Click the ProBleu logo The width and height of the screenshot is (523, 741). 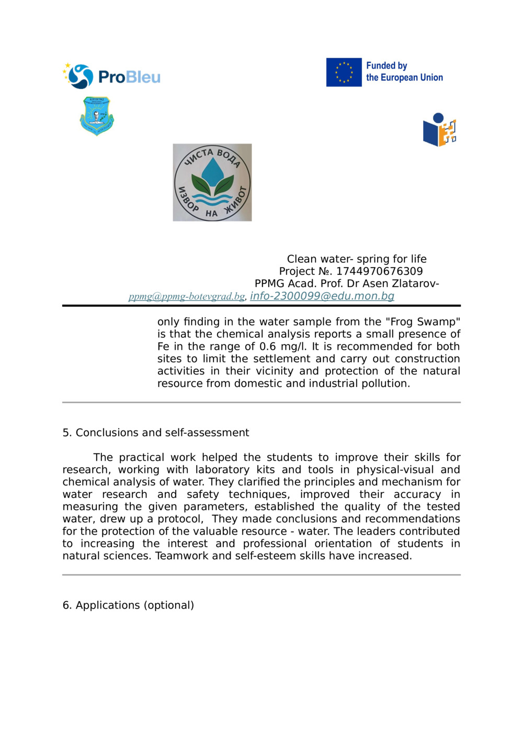pos(111,76)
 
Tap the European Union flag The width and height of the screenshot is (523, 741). pos(344,72)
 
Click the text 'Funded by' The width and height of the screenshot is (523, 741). pos(386,65)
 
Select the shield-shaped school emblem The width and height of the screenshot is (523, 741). pos(97,116)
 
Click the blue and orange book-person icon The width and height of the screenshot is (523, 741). pos(439,130)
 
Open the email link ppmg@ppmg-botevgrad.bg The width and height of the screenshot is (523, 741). pos(187,296)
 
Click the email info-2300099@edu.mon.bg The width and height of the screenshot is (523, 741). pos(322,296)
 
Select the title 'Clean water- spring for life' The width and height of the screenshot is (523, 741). pos(357,259)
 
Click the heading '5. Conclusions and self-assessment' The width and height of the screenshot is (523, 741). pos(156,433)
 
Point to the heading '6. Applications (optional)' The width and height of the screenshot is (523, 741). pos(128,605)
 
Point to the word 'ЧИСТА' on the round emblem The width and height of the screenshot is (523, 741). pos(198,156)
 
